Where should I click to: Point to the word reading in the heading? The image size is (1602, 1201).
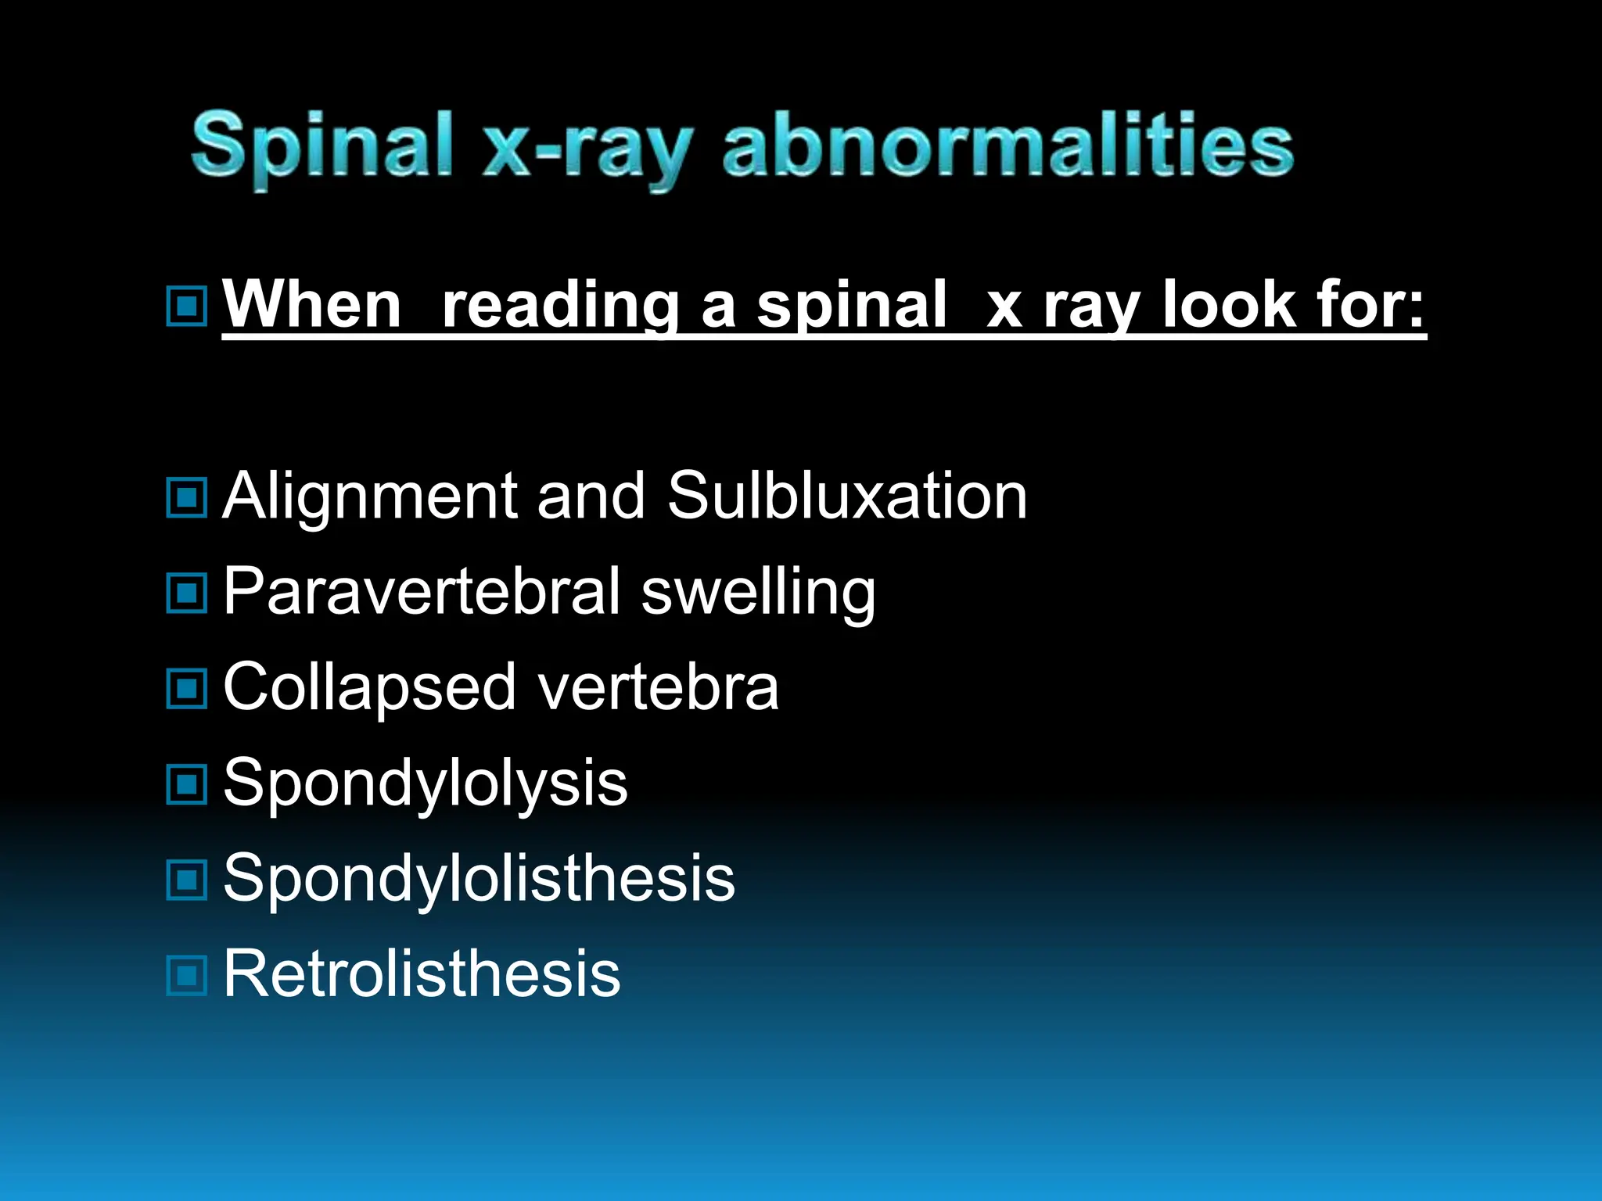click(560, 307)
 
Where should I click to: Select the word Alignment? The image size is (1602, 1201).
click(369, 497)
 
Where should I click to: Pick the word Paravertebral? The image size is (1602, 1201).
click(422, 592)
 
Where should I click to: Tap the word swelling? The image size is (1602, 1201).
click(758, 593)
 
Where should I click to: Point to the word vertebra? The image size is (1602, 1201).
click(658, 688)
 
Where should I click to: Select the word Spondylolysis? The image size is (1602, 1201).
click(425, 784)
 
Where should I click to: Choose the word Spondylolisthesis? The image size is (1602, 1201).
click(479, 879)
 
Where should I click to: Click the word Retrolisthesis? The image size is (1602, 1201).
click(422, 974)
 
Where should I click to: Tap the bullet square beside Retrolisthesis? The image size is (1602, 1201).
click(187, 976)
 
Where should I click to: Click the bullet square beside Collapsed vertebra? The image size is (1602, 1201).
click(187, 689)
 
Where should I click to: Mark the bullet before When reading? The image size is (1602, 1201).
click(187, 307)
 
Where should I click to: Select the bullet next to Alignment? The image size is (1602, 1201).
click(187, 498)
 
